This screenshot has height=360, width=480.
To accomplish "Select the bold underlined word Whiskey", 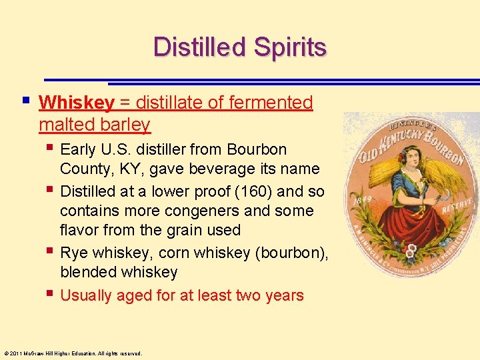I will [77, 103].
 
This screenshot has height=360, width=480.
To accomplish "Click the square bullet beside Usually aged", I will [51, 293].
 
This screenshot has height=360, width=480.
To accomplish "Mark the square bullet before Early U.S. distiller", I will [51, 147].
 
